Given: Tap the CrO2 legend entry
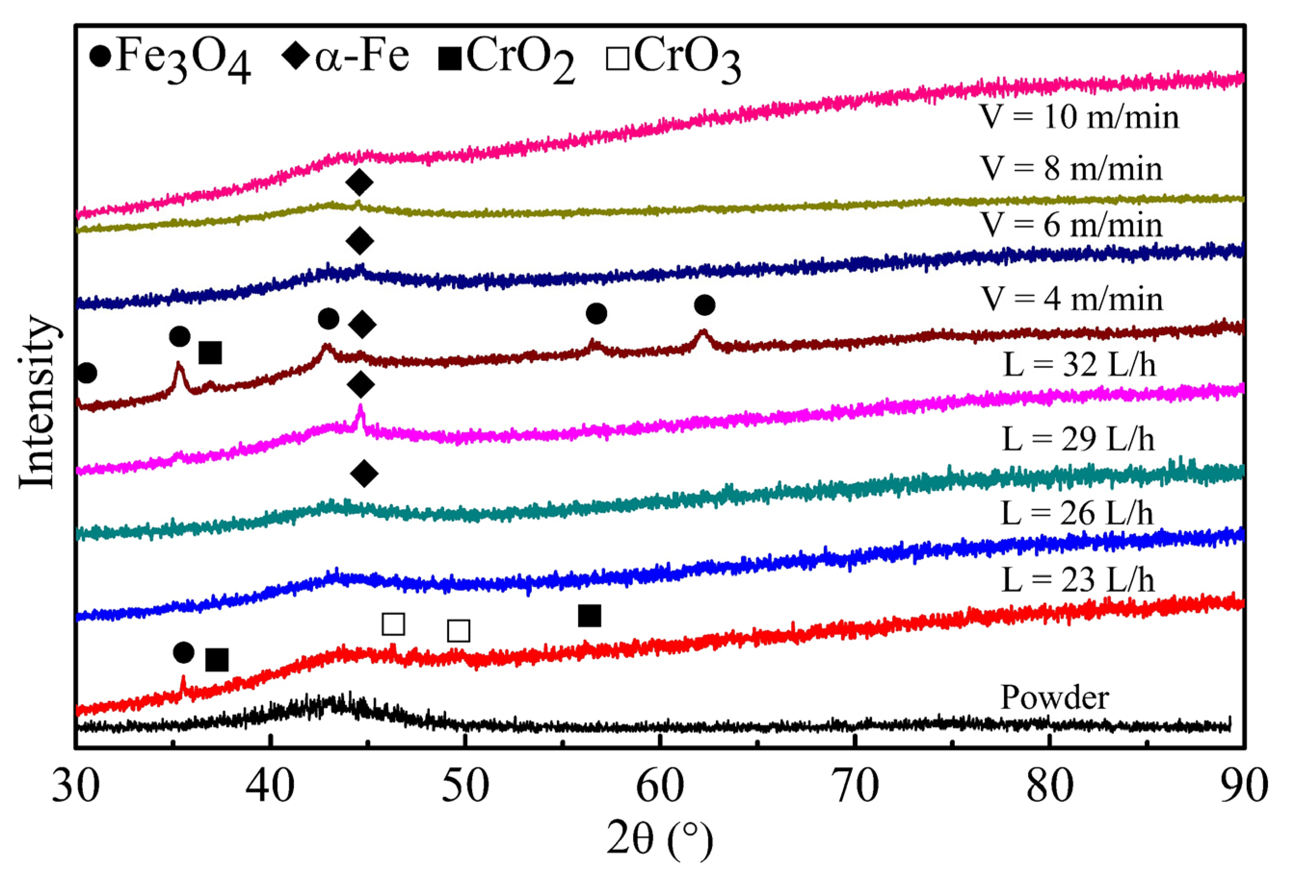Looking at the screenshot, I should click(506, 58).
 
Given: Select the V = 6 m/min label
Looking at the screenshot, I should click(1070, 225).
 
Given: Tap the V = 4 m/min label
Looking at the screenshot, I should click(1070, 299).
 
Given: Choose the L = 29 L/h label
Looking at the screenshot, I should click(1078, 439).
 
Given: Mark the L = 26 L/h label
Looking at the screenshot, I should click(1077, 513).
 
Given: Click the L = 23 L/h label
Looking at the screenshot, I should click(1078, 580).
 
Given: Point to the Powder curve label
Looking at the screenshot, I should click(1055, 697).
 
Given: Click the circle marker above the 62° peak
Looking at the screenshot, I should click(704, 305).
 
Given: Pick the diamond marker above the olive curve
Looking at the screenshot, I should click(359, 182).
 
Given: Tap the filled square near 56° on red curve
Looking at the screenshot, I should click(590, 616).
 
